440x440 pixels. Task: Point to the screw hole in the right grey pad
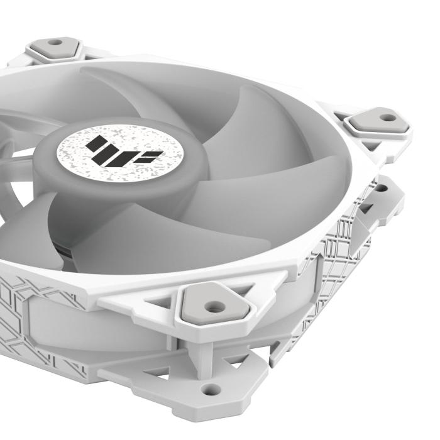pyautogui.click(x=388, y=118)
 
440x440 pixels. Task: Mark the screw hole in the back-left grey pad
pyautogui.click(x=55, y=43)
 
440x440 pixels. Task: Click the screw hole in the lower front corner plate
pyautogui.click(x=209, y=389)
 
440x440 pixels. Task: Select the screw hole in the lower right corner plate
pyautogui.click(x=381, y=187)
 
